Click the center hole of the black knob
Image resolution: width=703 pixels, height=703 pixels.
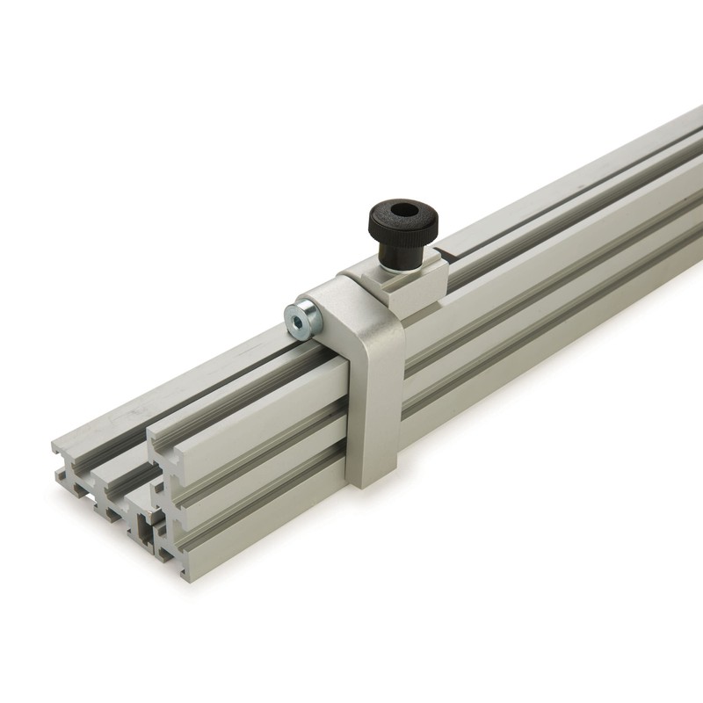[403, 211]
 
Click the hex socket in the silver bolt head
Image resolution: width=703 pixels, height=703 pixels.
[300, 323]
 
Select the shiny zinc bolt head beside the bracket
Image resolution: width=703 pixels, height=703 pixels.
[303, 320]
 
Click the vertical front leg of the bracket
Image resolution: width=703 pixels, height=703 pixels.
[376, 404]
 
